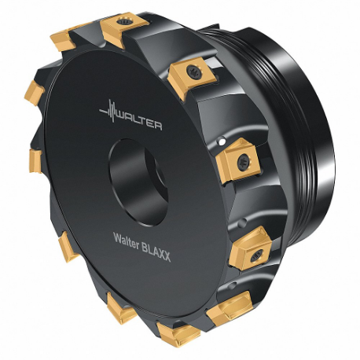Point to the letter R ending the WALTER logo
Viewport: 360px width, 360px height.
click(158, 125)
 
